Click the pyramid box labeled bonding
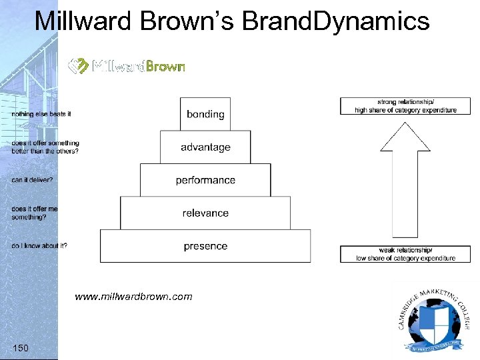click(205, 114)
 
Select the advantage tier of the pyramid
click(205, 147)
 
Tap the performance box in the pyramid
click(205, 180)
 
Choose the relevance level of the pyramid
click(205, 213)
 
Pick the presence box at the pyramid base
click(205, 246)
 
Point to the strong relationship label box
click(405, 106)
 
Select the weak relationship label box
click(405, 254)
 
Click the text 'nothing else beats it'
click(41, 114)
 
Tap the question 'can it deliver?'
click(32, 180)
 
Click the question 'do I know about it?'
click(39, 245)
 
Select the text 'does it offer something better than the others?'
click(45, 147)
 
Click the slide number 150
click(21, 347)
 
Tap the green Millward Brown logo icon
click(79, 66)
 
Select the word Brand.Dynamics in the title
click(336, 21)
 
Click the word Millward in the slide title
click(86, 21)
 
